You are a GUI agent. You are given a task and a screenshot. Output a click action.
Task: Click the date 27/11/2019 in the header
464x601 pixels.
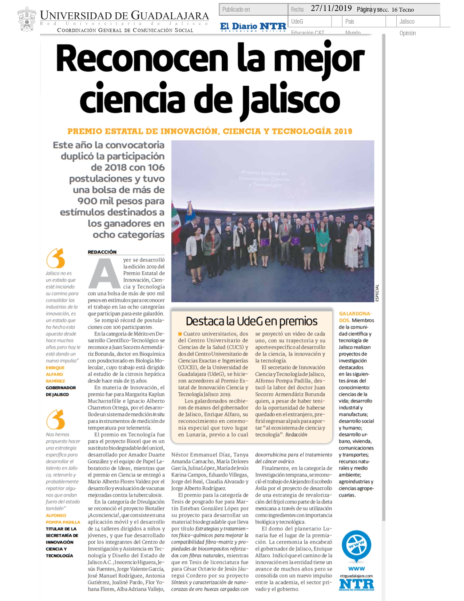pos(331,8)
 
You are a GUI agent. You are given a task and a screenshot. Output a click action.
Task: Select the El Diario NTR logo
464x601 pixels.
pos(253,27)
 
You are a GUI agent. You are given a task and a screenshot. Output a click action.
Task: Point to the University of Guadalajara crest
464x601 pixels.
pos(27,19)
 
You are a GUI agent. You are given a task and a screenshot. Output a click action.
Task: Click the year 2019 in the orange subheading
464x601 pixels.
pos(343,131)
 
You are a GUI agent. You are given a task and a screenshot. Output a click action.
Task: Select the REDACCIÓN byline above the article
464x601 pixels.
pos(102,252)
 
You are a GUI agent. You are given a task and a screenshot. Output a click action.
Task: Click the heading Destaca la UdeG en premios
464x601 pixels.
pos(251,321)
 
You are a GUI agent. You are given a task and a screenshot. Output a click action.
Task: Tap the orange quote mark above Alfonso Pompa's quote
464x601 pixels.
pos(56,419)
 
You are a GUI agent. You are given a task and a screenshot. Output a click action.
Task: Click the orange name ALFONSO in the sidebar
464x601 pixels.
pos(56,515)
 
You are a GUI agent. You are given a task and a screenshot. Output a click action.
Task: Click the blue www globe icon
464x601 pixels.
pos(356,546)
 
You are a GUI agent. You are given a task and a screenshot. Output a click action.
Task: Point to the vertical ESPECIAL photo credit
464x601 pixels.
pos(377,293)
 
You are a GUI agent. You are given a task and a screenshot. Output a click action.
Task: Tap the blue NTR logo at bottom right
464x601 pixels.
pos(356,585)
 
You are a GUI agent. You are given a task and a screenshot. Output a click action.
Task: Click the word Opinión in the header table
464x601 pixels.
pos(407,33)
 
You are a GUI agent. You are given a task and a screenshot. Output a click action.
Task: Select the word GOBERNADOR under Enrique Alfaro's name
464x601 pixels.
pos(61,388)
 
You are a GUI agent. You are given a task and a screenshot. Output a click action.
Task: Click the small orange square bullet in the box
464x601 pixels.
pos(180,334)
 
